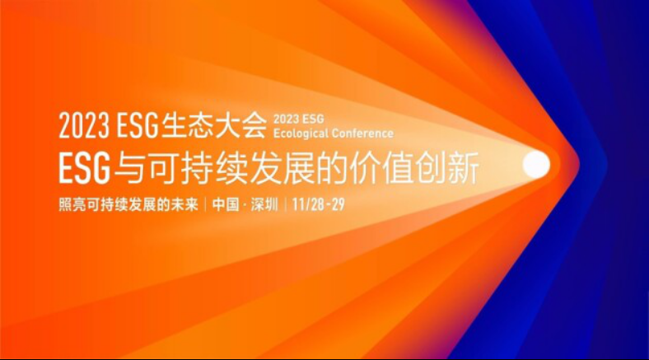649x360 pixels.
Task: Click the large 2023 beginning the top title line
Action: (x=84, y=125)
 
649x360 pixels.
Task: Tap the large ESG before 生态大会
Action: (x=138, y=125)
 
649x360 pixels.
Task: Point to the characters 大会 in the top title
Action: (x=240, y=125)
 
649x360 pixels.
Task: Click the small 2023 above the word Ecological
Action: (x=286, y=119)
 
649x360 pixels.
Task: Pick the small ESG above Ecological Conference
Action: (x=313, y=119)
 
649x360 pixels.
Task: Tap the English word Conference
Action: (x=362, y=133)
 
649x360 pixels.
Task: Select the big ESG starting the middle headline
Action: (x=85, y=167)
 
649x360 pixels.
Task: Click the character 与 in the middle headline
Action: (x=129, y=167)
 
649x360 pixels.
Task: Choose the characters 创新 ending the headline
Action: (x=447, y=167)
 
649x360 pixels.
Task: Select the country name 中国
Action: (x=226, y=204)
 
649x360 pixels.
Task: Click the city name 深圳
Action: (x=264, y=204)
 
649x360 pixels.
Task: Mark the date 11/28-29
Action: (x=318, y=204)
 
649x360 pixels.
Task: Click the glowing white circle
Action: (x=536, y=165)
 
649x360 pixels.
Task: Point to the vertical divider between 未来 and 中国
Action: (x=205, y=204)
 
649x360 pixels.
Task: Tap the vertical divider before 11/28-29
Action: (x=285, y=204)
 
